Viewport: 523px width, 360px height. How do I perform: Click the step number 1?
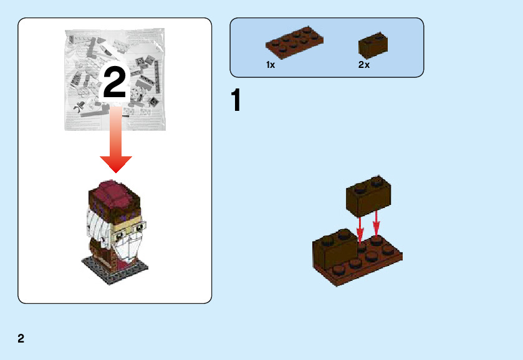pyautogui.click(x=236, y=102)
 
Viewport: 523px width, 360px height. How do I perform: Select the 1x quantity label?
pyautogui.click(x=271, y=65)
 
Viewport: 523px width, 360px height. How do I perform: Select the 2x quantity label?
pyautogui.click(x=364, y=65)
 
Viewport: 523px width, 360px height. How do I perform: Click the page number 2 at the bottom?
pyautogui.click(x=21, y=339)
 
